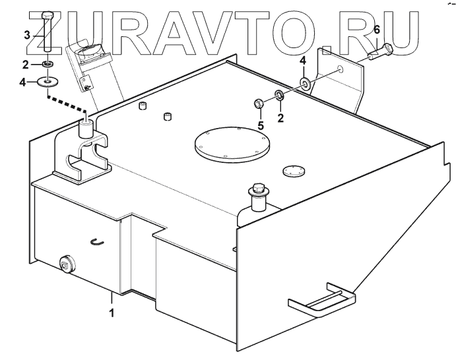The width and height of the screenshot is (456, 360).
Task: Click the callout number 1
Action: pos(112,313)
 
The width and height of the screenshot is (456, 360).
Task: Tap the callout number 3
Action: pos(26,35)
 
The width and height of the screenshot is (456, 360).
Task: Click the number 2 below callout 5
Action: pos(280,118)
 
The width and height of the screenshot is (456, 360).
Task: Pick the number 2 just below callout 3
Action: pos(26,64)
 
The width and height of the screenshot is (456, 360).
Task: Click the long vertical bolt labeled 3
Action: pos(47,36)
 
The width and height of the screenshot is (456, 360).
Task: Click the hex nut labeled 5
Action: pos(259,104)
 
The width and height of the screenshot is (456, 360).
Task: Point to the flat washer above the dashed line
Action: pos(48,82)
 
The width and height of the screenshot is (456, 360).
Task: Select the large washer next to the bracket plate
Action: pos(305,84)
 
